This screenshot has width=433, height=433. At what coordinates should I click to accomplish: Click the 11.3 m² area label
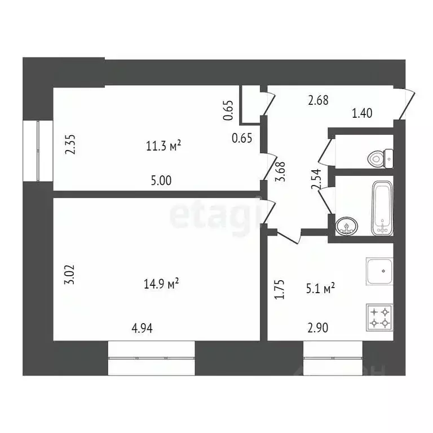pos(163,147)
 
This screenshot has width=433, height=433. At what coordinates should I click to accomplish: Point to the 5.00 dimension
pos(162,181)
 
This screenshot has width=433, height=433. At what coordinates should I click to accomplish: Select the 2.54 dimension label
pos(316,179)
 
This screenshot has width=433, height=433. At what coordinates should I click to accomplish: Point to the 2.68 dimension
pos(317,100)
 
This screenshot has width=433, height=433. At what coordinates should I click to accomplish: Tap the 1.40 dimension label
pos(362,114)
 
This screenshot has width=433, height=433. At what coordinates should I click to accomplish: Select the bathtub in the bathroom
pos(382,207)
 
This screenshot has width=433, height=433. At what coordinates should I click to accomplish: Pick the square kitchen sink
pos(379,272)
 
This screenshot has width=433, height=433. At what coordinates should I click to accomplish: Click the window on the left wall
pos(38,151)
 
